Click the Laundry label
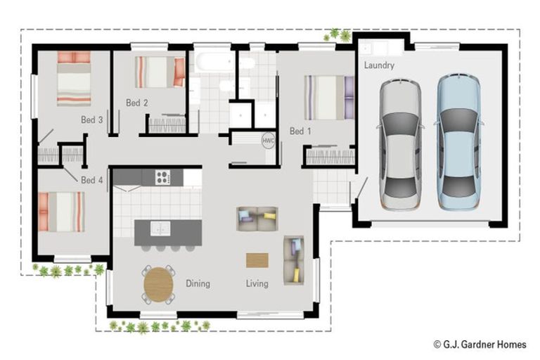coord(379,65)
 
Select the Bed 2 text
coord(137,103)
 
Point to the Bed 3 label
coord(92,120)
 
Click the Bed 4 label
coord(92,181)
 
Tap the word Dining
coord(198,284)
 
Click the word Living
coord(257,284)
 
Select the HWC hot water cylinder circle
coord(268,140)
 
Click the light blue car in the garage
coord(458,141)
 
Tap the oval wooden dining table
coord(159,285)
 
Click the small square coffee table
coord(257,260)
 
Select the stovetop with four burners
coord(162,177)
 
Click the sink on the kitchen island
coord(161,228)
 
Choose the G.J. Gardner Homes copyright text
coord(480,345)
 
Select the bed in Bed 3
coord(74,78)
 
